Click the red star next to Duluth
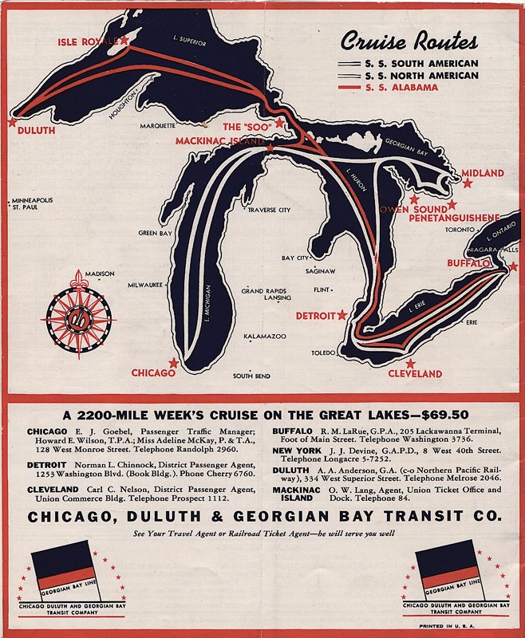12,122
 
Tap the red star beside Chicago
173,362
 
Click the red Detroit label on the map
316,316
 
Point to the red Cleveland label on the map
414,373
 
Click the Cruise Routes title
409,41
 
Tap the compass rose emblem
77,311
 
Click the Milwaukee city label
145,285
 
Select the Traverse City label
268,211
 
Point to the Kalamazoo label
265,337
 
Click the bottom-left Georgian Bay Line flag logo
73,571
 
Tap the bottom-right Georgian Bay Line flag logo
456,571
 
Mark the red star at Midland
467,183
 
